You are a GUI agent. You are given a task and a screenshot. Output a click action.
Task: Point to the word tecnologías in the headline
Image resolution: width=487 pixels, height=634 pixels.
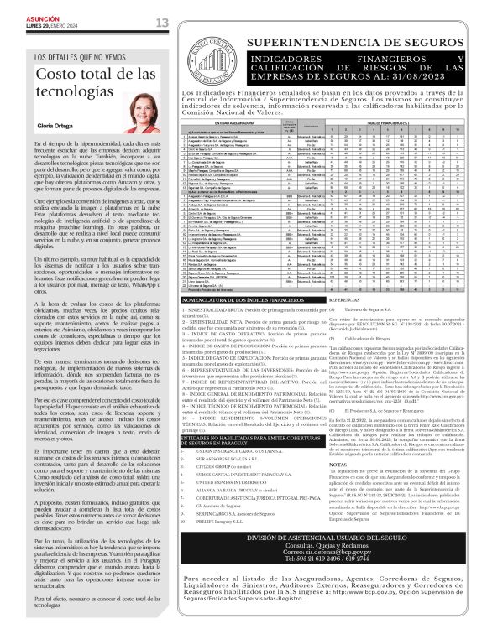click(x=70, y=92)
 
